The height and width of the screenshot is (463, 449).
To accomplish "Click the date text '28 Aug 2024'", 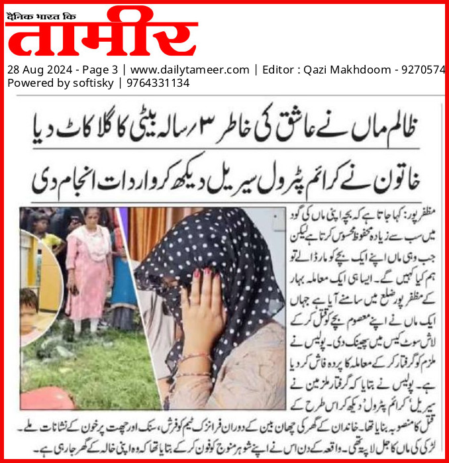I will pos(40,70).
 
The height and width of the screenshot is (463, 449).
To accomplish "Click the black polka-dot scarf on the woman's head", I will pos(225,245).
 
